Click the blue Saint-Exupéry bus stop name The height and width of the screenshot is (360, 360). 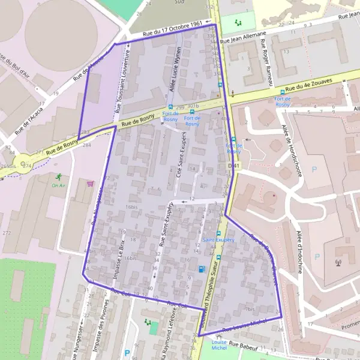point(218,239)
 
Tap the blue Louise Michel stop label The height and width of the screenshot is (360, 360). point(219,344)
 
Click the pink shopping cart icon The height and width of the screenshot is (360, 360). point(90,184)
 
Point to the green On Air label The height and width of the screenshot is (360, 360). point(58,185)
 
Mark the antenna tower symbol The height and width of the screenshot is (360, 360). point(338,262)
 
